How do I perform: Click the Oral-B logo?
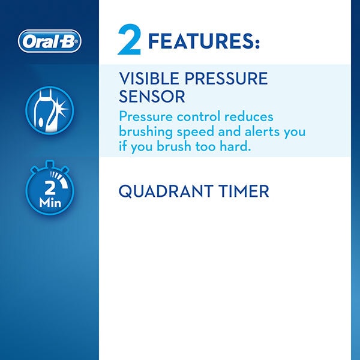pos(49,41)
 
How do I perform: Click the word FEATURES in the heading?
pos(203,43)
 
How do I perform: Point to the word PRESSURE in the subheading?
pos(227,79)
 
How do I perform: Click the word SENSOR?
pos(152,96)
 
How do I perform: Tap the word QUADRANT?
pos(164,191)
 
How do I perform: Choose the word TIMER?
pos(241,191)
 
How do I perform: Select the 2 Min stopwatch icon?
pos(49,190)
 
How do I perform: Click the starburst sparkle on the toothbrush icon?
pos(60,106)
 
